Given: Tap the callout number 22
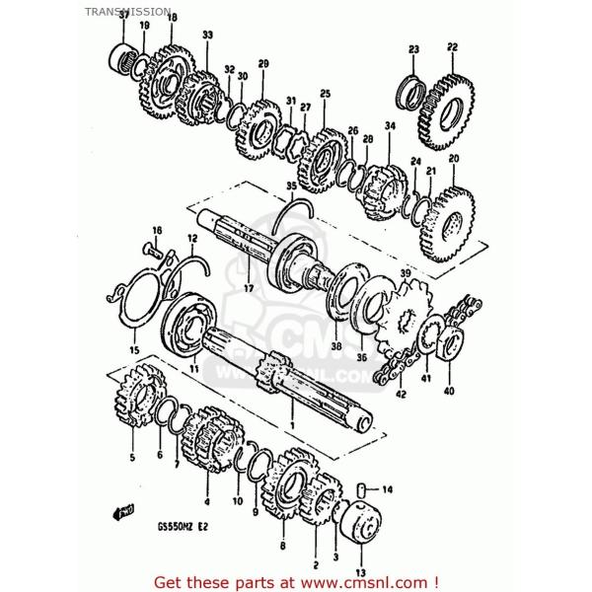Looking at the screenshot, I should pos(452,46).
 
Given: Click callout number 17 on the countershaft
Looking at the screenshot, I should pos(249,288).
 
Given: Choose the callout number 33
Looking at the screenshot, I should pos(207,36).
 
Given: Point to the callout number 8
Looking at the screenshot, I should pos(282,544).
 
